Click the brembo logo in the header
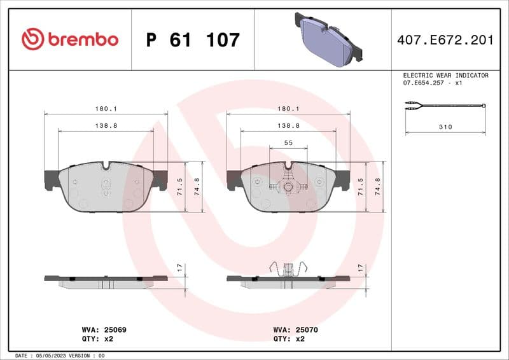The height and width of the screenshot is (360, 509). point(69,39)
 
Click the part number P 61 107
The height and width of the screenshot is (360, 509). point(193,40)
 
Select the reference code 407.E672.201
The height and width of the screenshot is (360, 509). point(445,40)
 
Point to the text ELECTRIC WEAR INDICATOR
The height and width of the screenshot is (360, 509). point(445,75)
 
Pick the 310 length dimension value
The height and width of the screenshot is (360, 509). point(445,127)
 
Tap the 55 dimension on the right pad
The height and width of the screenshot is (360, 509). point(288,143)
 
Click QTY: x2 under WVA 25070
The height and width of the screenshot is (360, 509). point(289,339)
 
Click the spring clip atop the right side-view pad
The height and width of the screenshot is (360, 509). point(288,269)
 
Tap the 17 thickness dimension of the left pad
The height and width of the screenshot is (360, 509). point(181,268)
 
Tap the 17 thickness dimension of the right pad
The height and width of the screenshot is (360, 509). point(360,268)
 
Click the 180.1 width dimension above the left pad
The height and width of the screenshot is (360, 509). point(106,109)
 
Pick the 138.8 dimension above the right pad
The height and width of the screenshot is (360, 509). point(289,126)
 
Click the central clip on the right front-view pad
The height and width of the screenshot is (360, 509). point(288,187)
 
